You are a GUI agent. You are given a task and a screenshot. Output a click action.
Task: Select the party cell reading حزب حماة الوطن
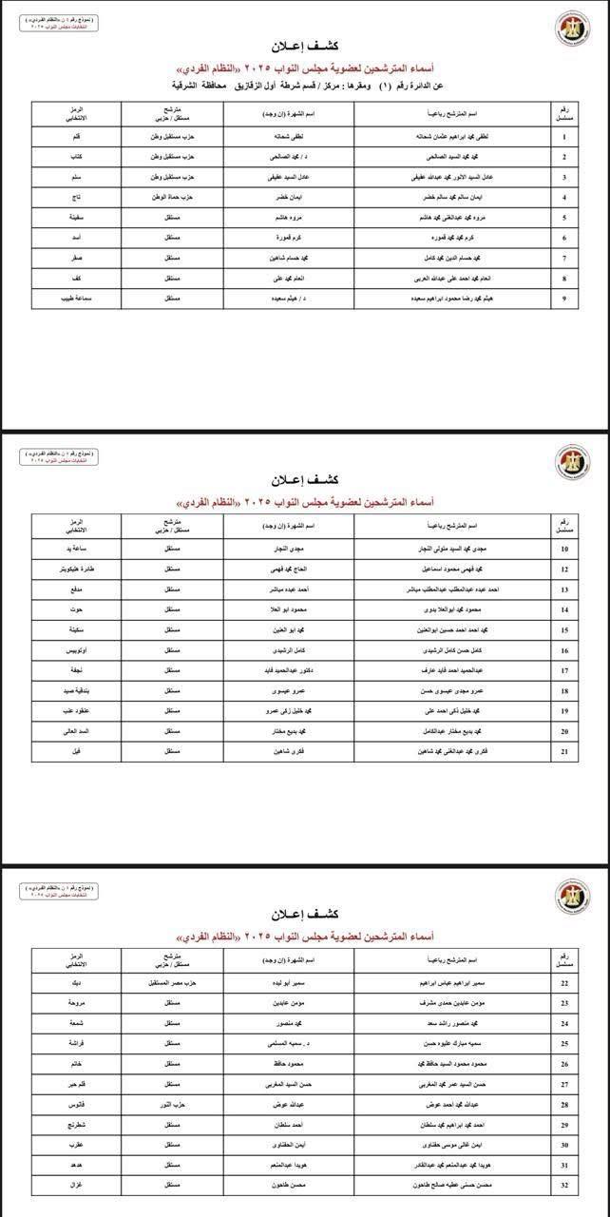coord(173,198)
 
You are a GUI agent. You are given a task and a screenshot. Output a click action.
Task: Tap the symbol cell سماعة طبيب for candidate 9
coord(76,299)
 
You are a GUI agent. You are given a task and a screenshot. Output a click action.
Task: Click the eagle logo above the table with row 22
coord(571,896)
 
